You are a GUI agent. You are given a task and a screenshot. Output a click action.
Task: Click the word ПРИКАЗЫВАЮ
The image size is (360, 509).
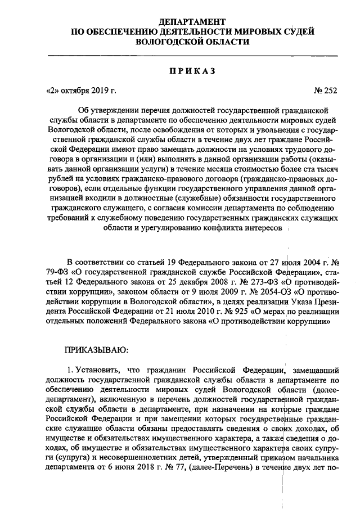point(97,350)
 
